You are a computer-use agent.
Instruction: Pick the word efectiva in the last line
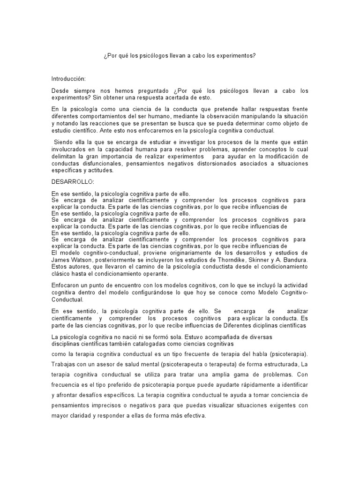tap(194, 416)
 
